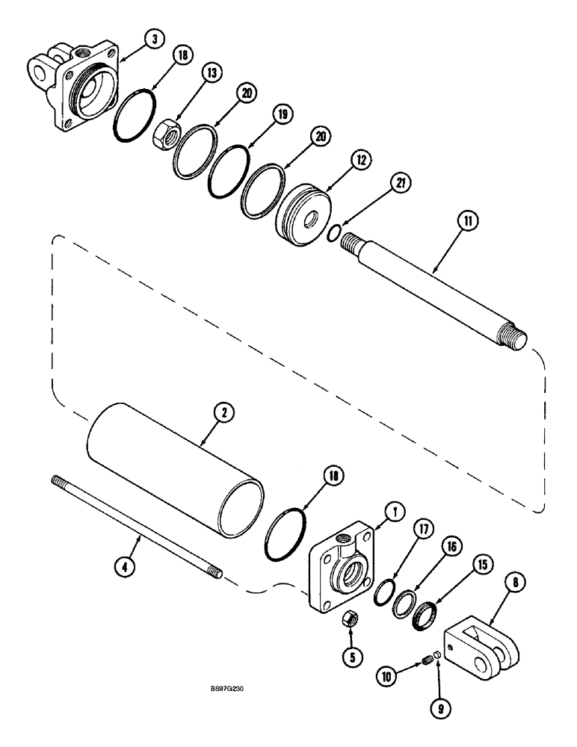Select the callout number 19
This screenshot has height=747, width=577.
tap(280, 114)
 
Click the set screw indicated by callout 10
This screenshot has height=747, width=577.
tap(426, 660)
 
